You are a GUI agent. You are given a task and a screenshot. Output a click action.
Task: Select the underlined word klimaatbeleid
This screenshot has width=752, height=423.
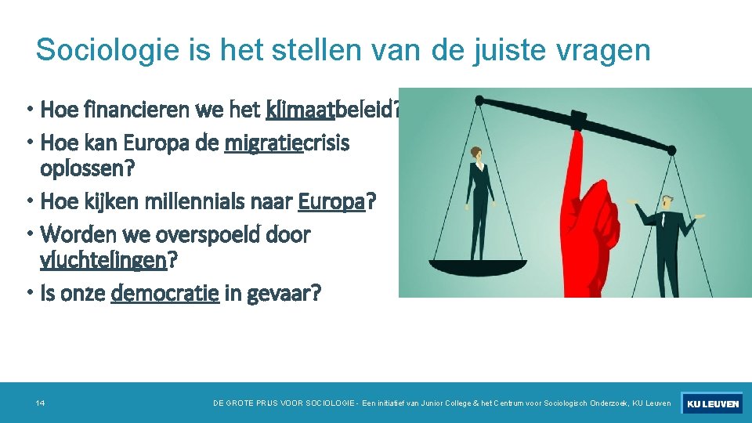[329, 109]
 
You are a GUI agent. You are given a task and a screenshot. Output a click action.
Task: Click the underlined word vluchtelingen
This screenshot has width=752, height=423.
[103, 260]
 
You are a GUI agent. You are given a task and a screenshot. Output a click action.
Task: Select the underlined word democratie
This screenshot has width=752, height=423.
[165, 294]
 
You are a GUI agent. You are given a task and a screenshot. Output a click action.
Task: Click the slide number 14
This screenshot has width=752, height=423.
[40, 403]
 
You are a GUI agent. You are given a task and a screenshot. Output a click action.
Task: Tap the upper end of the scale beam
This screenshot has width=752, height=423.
[479, 99]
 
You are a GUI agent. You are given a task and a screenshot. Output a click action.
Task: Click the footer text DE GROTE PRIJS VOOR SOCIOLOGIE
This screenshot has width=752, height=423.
[283, 403]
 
